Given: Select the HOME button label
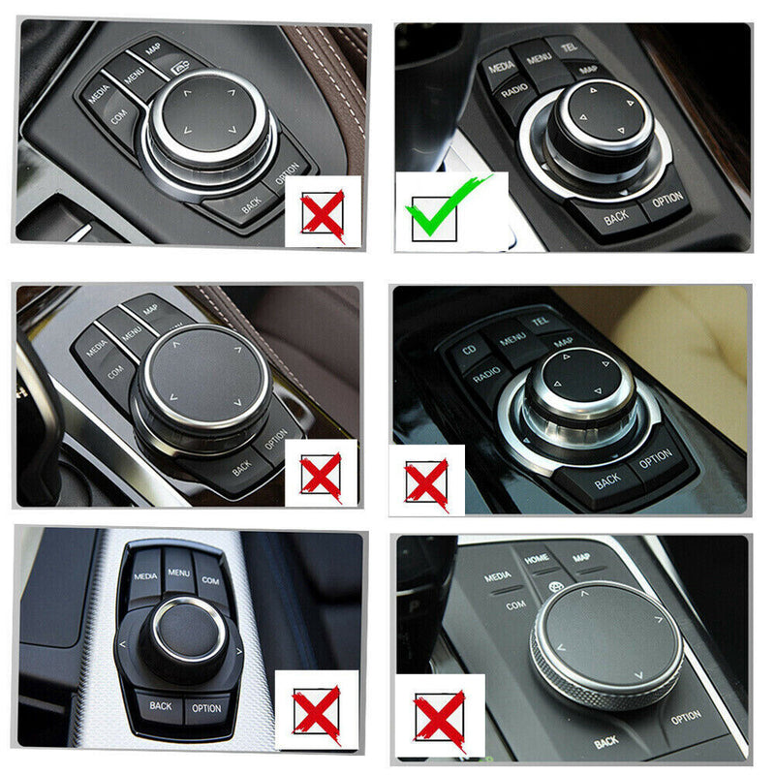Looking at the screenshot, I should click(x=537, y=559).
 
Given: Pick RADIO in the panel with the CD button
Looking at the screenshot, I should click(x=489, y=372).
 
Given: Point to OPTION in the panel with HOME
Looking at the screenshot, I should click(x=686, y=717).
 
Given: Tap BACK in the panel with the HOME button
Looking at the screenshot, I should click(x=606, y=742).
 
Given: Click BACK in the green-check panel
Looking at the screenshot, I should click(x=616, y=218).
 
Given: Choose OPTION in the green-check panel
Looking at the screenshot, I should click(x=666, y=200).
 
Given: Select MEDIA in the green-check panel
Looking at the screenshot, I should click(x=501, y=68).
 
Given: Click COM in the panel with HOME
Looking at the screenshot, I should click(x=515, y=604).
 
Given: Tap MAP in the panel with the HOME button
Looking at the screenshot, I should click(x=581, y=558).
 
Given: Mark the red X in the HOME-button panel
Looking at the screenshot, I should click(x=438, y=721).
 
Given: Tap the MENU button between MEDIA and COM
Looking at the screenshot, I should click(x=178, y=573).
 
